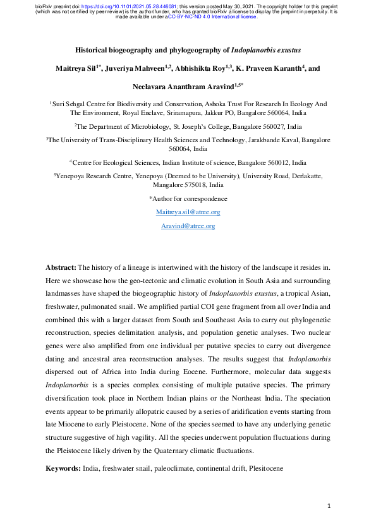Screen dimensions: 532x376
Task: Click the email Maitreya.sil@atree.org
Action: [x=188, y=212]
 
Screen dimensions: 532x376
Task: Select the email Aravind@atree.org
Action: [x=188, y=226]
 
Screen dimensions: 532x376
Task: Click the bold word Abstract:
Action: [x=61, y=268]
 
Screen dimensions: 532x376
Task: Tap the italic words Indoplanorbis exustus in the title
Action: [x=265, y=48]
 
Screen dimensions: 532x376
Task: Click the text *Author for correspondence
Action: [x=188, y=198]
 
